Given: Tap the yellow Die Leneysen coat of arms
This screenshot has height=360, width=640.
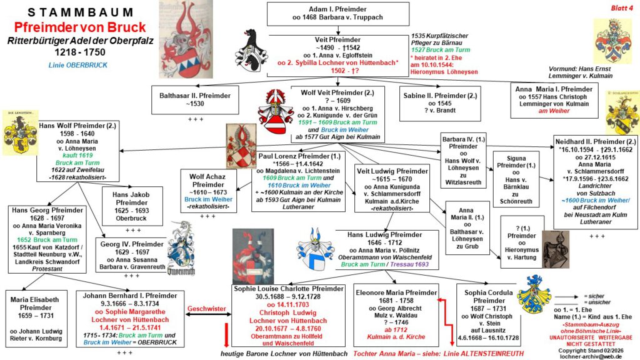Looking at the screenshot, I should (x=20, y=131).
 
